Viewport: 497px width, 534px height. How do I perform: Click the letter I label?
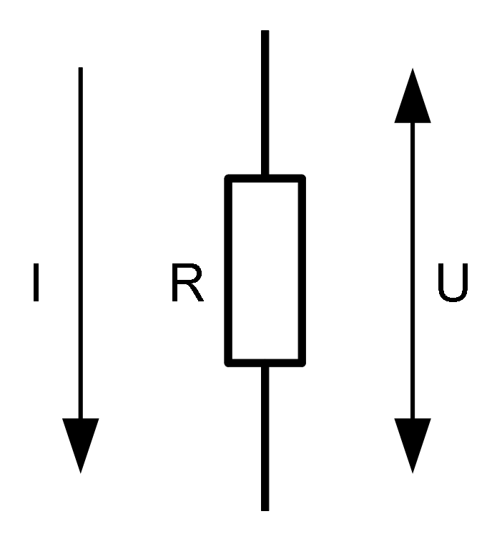(x=36, y=283)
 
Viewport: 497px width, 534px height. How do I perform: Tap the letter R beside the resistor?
(x=187, y=283)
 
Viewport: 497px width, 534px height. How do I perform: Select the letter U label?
(x=452, y=283)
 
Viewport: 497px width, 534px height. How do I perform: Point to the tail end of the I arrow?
(x=80, y=69)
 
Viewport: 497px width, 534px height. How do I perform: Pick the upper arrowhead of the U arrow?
(x=413, y=97)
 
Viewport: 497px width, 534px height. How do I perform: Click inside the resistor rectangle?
(x=265, y=270)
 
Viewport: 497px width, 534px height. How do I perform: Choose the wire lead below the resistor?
(x=265, y=437)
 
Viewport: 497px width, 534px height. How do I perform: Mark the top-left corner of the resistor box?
(x=228, y=178)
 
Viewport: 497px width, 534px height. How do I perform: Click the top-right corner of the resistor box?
(x=303, y=178)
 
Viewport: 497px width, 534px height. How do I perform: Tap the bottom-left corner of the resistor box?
(x=228, y=362)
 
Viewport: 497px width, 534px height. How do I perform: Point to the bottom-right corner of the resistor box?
(x=303, y=362)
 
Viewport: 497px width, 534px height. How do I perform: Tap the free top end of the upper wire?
(x=265, y=32)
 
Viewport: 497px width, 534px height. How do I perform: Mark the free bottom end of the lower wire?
(x=265, y=508)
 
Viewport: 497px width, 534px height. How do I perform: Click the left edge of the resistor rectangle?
(x=228, y=270)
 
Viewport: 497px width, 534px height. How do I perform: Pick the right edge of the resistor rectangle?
(x=303, y=270)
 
